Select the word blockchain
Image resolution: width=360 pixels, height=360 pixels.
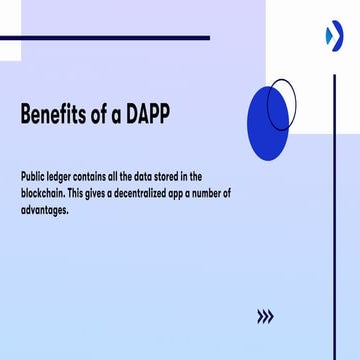pos(45,193)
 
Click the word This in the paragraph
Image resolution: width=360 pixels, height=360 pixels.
pos(86,193)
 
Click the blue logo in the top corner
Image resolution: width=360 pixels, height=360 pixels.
pos(333,36)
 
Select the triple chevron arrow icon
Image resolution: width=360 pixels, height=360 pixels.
pos(265,316)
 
